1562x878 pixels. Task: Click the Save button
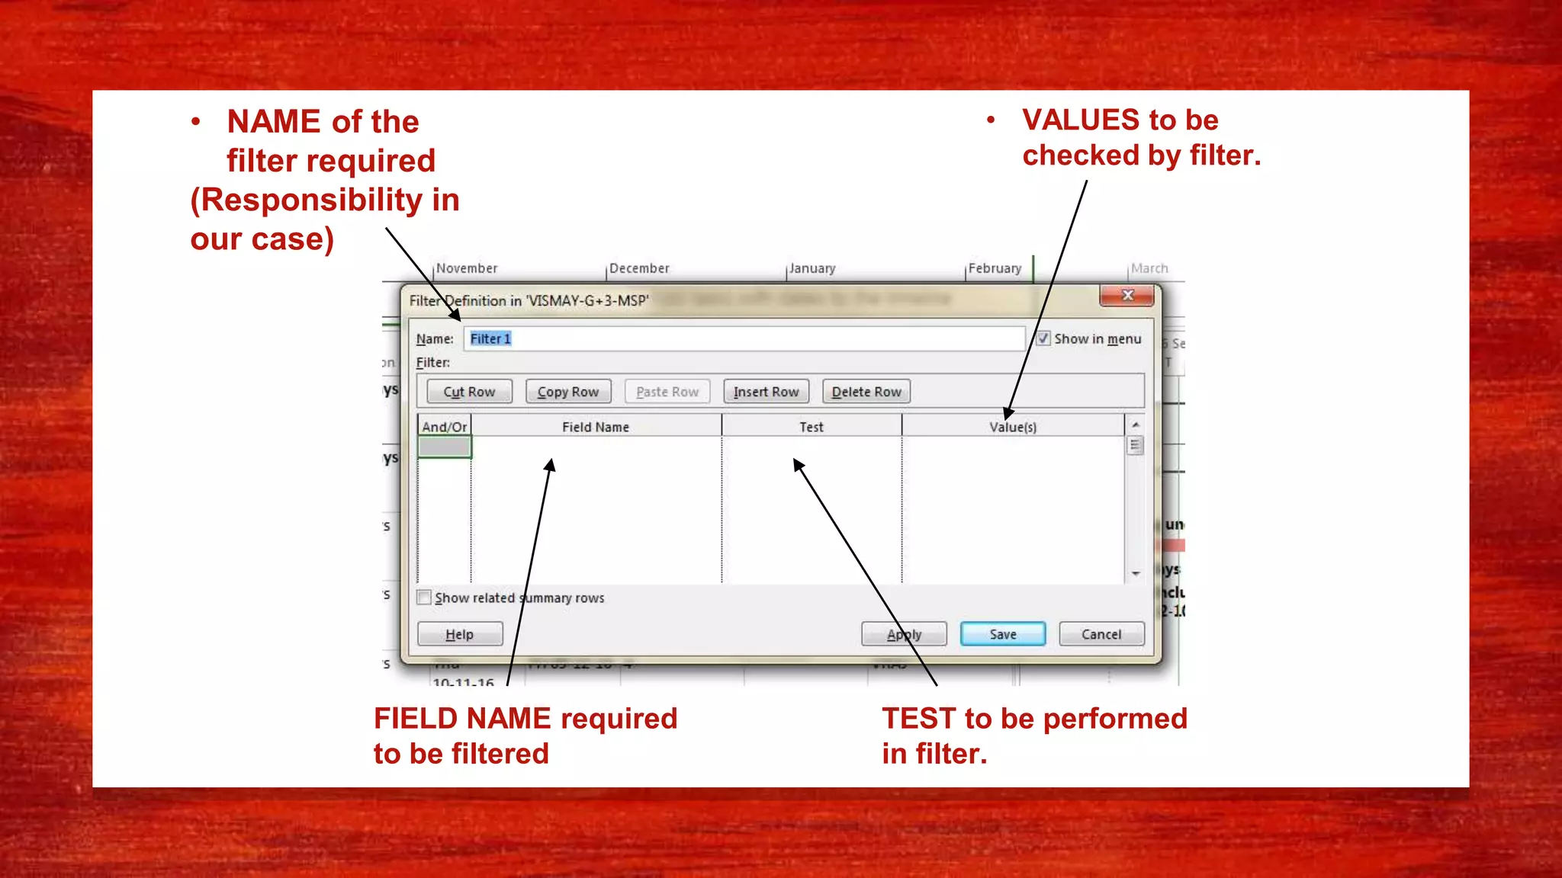1002,634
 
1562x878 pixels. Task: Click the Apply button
904,634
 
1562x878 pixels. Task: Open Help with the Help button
459,634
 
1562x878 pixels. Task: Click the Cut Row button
469,392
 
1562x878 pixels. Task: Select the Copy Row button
568,392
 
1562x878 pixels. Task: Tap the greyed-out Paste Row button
667,392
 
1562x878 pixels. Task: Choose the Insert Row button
766,392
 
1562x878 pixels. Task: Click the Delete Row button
866,392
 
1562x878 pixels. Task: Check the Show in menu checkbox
1043,338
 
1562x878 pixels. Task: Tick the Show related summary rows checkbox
425,598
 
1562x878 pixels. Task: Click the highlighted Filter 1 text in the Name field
490,338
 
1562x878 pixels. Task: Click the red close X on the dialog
1127,296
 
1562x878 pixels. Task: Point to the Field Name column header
596,427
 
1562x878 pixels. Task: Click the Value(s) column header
1012,427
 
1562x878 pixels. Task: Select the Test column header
811,427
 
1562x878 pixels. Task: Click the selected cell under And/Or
445,447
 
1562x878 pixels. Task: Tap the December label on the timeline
639,268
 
